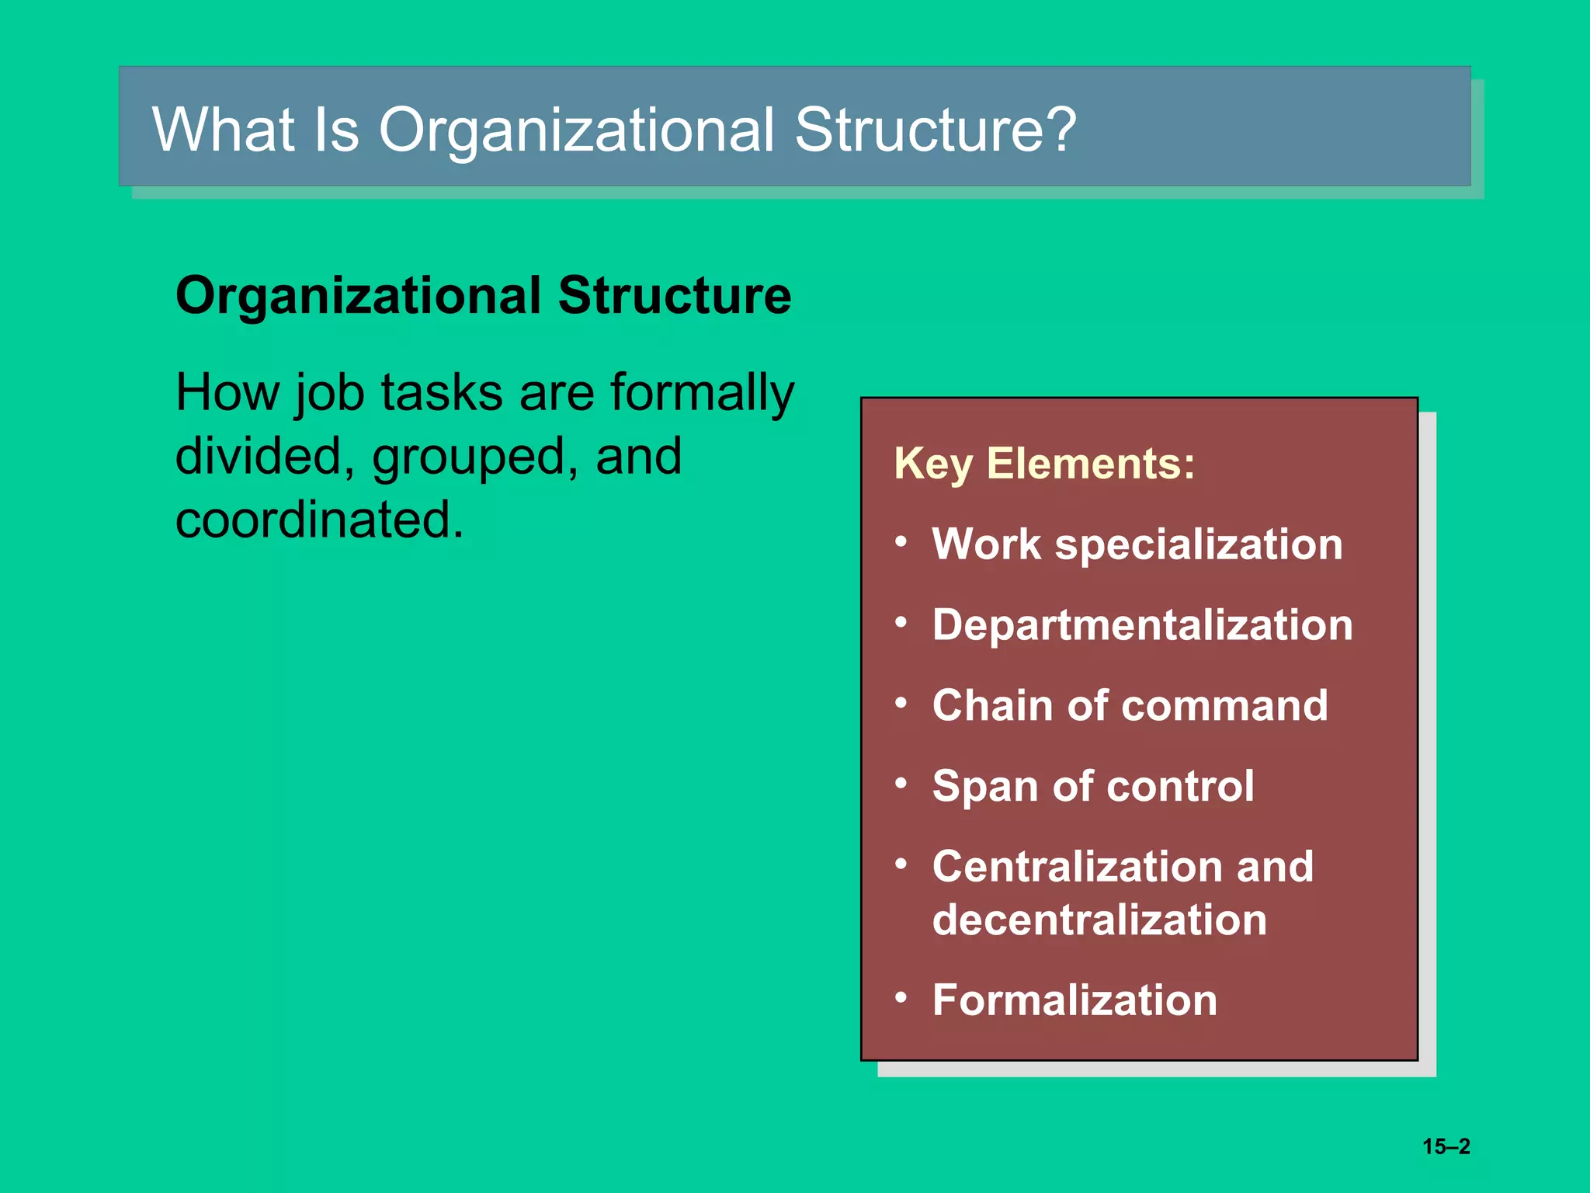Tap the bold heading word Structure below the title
[674, 296]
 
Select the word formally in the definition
[702, 392]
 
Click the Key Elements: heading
[1044, 464]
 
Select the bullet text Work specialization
[1137, 544]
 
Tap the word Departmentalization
[1142, 624]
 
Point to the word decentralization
[1099, 920]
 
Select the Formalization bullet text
[1074, 1000]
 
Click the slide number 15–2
[1446, 1146]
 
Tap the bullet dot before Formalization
[901, 996]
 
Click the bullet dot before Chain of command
[901, 703]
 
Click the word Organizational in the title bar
[576, 130]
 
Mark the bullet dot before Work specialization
[901, 541]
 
